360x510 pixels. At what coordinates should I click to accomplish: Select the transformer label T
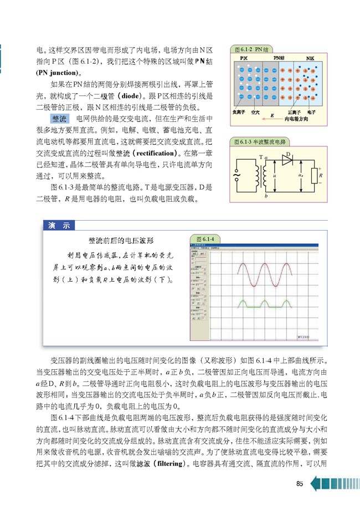(x=260, y=157)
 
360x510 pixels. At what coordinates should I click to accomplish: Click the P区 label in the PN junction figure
(x=244, y=58)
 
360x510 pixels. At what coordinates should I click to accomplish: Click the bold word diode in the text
(x=133, y=95)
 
